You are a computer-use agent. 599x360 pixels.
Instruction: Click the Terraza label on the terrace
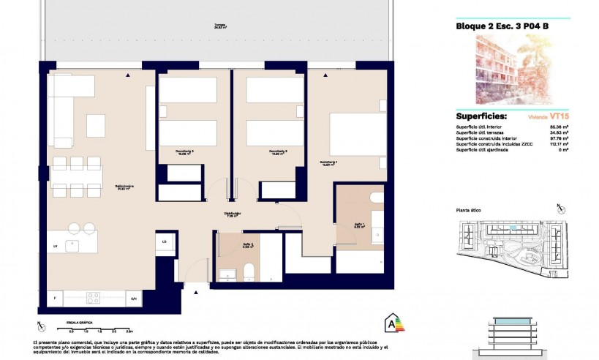tap(219, 24)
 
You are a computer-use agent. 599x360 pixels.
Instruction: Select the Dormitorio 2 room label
tap(259, 152)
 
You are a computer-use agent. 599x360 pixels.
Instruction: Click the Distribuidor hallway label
tap(233, 214)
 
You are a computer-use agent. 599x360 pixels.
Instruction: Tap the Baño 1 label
tap(359, 225)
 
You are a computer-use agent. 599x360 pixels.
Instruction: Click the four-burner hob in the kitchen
tap(94, 298)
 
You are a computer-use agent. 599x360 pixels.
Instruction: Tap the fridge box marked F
tap(56, 299)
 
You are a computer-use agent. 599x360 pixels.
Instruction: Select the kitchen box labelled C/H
tap(133, 299)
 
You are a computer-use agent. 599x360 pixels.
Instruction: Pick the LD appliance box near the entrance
tap(165, 241)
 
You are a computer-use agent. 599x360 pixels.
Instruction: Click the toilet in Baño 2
tap(248, 271)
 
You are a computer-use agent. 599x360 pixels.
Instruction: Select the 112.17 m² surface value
tap(559, 144)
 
